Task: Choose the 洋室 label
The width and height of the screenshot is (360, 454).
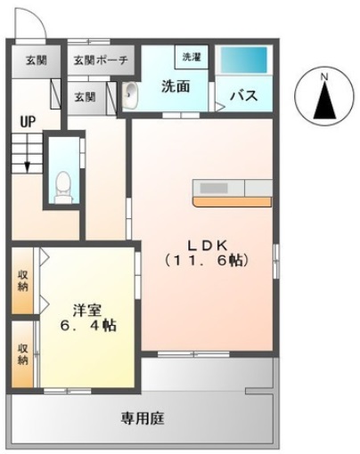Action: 87,311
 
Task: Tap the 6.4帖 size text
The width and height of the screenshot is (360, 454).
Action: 87,327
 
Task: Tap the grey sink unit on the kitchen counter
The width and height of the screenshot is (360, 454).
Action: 213,188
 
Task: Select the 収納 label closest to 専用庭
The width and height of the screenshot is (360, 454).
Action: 22,354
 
